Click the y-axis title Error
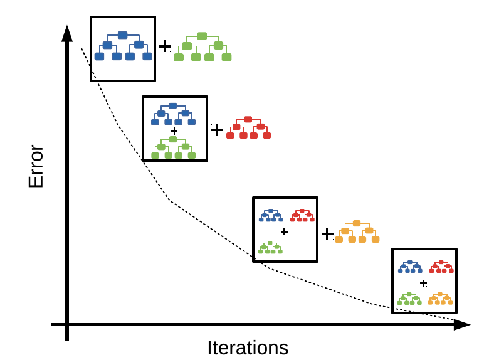click(36, 167)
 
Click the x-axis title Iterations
click(248, 347)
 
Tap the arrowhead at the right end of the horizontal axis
click(462, 324)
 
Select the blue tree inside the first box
click(123, 46)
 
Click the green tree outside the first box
click(202, 47)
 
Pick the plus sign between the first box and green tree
click(164, 46)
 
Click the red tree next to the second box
click(248, 127)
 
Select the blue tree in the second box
click(173, 114)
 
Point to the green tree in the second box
click(173, 147)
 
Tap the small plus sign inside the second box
click(174, 131)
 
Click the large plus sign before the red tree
click(217, 130)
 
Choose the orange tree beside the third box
click(357, 231)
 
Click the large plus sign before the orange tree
click(327, 233)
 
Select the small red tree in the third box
click(302, 215)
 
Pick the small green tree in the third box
click(270, 248)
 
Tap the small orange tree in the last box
click(440, 299)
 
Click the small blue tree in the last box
click(409, 267)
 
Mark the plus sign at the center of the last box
click(423, 283)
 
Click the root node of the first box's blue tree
click(123, 35)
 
